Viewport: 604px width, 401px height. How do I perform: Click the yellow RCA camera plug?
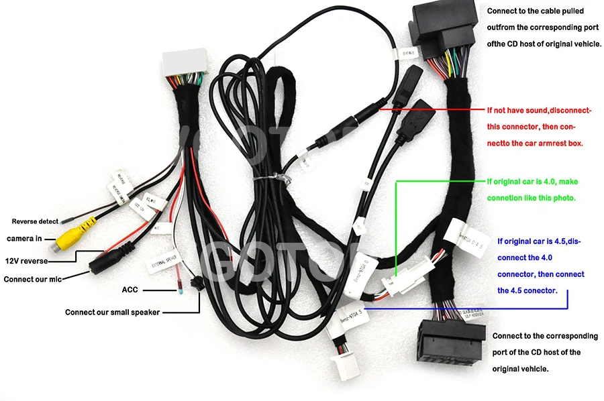[70, 236]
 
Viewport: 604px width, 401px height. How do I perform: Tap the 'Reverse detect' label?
[34, 221]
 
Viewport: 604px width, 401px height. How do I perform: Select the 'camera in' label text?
[24, 239]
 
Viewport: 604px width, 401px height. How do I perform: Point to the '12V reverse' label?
[26, 261]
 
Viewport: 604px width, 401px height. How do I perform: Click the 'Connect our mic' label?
[34, 278]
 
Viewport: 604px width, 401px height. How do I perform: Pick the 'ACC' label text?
[130, 290]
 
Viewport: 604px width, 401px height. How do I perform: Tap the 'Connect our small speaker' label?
[112, 312]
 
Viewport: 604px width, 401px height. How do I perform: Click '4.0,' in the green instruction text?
[548, 182]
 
